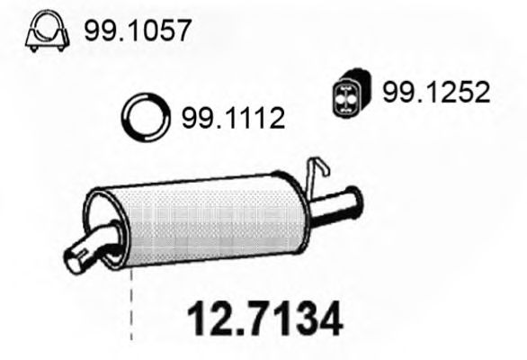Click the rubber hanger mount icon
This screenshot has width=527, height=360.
click(347, 92)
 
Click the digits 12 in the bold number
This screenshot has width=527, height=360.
click(205, 319)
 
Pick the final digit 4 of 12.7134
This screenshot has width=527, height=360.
click(326, 319)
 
